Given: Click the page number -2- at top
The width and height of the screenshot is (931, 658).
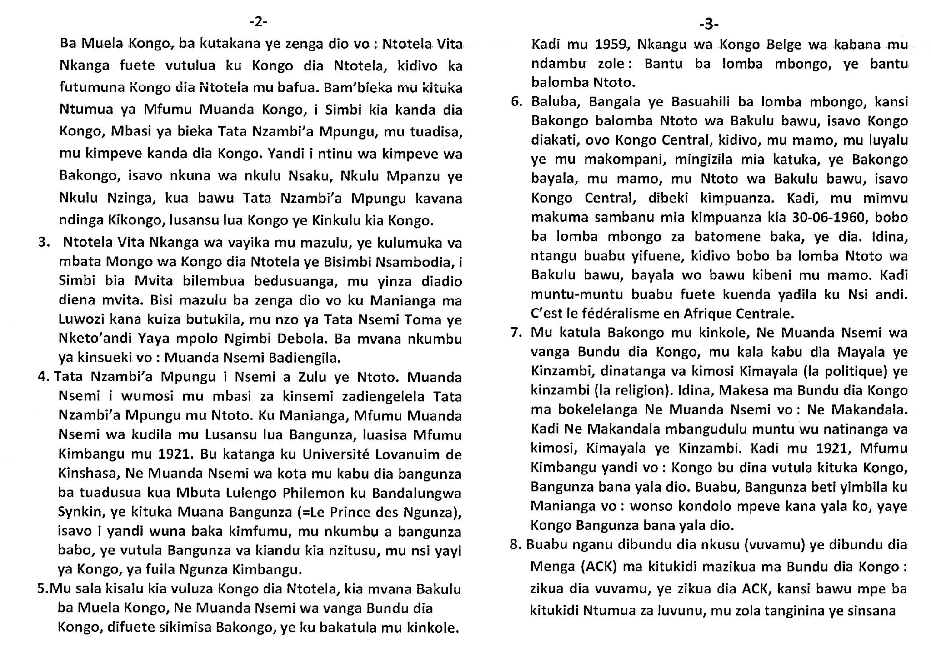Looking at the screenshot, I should pos(258,21).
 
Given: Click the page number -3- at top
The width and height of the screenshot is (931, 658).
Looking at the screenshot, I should pos(708,24).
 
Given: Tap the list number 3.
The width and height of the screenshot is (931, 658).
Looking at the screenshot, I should pos(44,242).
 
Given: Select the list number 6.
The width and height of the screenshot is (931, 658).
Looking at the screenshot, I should pos(517,101).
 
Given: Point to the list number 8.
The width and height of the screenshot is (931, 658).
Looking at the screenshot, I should pos(515,544).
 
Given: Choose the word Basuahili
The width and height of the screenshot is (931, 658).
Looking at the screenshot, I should pos(699,101).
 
